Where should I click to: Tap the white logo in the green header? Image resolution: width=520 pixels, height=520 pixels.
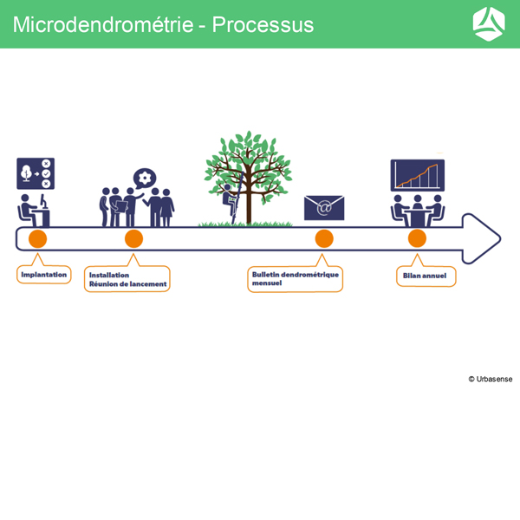click(x=489, y=23)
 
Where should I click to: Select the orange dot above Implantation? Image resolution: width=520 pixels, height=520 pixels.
click(x=37, y=238)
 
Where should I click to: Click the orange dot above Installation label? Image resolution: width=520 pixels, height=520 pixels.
click(x=133, y=238)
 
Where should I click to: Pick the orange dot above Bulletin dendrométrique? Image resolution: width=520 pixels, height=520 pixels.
click(x=324, y=238)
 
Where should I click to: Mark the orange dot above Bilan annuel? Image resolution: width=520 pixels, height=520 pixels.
click(x=417, y=238)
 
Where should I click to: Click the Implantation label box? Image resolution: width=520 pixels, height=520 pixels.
click(x=43, y=275)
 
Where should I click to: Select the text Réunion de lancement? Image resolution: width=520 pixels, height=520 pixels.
click(x=127, y=283)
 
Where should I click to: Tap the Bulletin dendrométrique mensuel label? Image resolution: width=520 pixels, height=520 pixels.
click(x=295, y=278)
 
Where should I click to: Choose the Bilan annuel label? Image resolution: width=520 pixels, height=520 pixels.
click(x=425, y=276)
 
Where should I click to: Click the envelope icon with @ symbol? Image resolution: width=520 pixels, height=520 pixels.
click(x=324, y=208)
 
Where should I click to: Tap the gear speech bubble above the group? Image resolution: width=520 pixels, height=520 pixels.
click(x=145, y=178)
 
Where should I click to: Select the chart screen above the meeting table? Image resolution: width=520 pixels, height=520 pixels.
click(x=418, y=174)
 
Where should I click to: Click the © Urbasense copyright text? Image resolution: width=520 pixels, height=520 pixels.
click(x=491, y=379)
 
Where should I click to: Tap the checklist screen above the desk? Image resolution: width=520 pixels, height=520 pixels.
click(x=36, y=173)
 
